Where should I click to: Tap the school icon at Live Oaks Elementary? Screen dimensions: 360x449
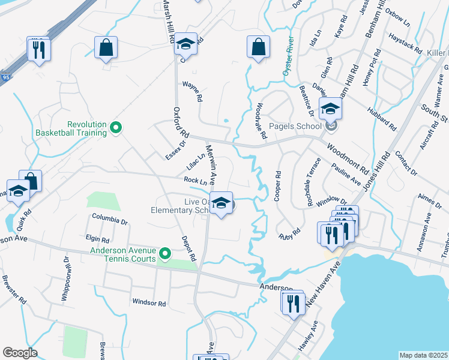click(x=221, y=204)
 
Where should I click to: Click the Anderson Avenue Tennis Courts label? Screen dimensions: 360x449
click(x=123, y=255)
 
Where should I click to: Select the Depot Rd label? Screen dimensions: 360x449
click(x=190, y=248)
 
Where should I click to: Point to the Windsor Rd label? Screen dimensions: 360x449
click(x=149, y=304)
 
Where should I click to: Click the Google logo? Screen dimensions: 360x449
click(x=20, y=353)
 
